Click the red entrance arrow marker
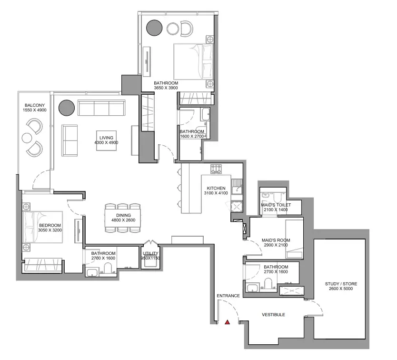click(x=228, y=322)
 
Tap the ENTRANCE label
click(x=228, y=296)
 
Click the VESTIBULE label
click(x=273, y=315)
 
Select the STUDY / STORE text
click(x=341, y=284)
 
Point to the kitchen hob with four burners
click(x=216, y=169)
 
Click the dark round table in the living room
click(x=67, y=108)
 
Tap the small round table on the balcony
click(x=27, y=138)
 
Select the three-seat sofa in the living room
click(x=101, y=108)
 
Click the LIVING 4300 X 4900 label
click(x=106, y=140)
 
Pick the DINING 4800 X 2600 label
click(x=124, y=218)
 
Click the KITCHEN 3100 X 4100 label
click(x=216, y=190)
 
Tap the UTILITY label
click(x=150, y=253)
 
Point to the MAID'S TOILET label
click(x=276, y=205)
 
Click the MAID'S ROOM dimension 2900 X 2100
click(x=276, y=245)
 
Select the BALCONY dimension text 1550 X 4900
click(x=35, y=110)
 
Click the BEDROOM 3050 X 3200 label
click(x=50, y=228)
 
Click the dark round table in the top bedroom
click(x=154, y=28)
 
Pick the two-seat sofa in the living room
click(x=69, y=140)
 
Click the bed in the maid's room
click(x=295, y=239)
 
